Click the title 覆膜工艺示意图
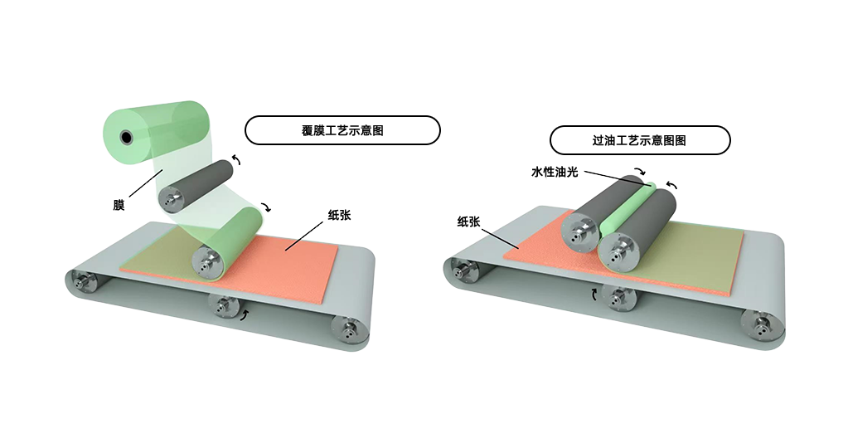click(x=342, y=130)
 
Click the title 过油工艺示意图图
click(x=639, y=141)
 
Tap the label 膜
click(x=119, y=205)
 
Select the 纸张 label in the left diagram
click(x=339, y=215)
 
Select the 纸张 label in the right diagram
click(x=468, y=222)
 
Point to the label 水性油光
click(x=555, y=172)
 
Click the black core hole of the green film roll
click(x=126, y=138)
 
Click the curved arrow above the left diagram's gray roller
click(x=236, y=159)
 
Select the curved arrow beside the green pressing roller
click(x=265, y=207)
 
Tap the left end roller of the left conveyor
click(x=83, y=280)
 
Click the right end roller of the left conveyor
click(x=348, y=329)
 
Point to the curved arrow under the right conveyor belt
click(x=594, y=295)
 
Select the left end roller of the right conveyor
click(x=464, y=269)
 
